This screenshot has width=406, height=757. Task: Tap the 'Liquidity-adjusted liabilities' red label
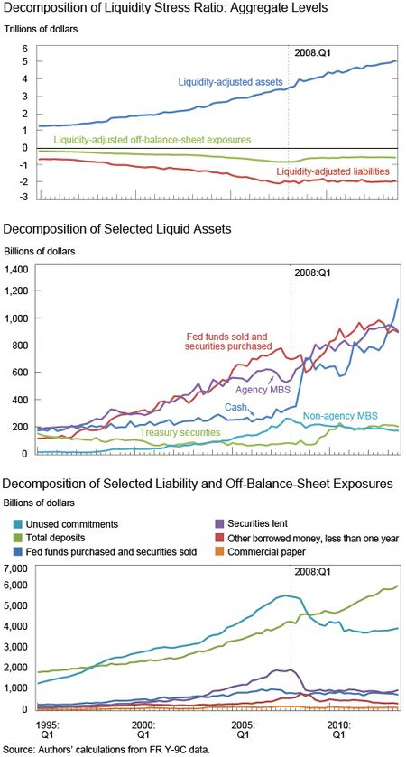pyautogui.click(x=333, y=171)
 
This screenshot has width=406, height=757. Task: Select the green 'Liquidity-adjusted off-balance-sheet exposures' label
pyautogui.click(x=152, y=140)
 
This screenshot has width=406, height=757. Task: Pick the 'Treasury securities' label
pyautogui.click(x=180, y=432)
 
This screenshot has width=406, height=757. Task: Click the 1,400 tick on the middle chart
pyautogui.click(x=18, y=270)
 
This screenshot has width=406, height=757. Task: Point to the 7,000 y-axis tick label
pyautogui.click(x=18, y=568)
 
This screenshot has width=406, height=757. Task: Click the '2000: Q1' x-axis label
pyautogui.click(x=143, y=731)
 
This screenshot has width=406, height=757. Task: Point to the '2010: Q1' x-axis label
pyautogui.click(x=338, y=731)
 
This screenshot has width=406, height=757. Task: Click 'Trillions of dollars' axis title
pyautogui.click(x=41, y=29)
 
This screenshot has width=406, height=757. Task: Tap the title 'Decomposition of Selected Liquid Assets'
pyautogui.click(x=117, y=229)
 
